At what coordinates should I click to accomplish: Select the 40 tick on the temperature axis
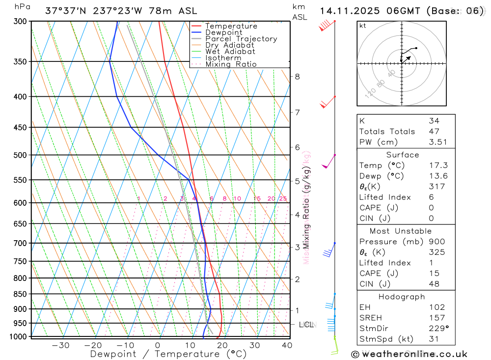287,345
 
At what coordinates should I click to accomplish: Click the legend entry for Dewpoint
223,32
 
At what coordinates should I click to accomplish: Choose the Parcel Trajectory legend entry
241,39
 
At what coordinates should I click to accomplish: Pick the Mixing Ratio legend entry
231,64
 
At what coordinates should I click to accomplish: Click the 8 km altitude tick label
297,77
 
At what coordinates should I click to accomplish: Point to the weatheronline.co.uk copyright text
409,354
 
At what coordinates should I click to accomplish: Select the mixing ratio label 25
283,198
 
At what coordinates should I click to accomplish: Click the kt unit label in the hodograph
363,26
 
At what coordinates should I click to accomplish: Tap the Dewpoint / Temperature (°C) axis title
168,354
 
